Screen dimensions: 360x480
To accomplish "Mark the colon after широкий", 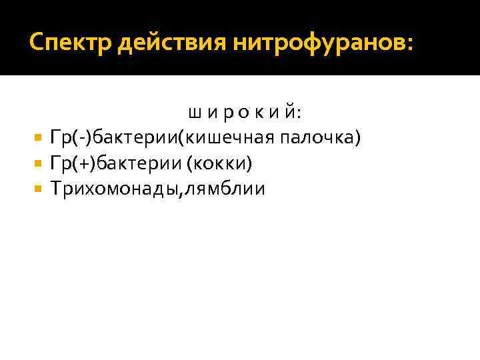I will (x=298, y=114).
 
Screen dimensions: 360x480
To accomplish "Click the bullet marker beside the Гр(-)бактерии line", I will (x=37, y=138).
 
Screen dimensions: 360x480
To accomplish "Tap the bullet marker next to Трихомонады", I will (x=37, y=189).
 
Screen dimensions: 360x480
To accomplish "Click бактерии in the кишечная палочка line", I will (x=134, y=138).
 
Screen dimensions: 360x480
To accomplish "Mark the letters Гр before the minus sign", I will (x=61, y=138).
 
